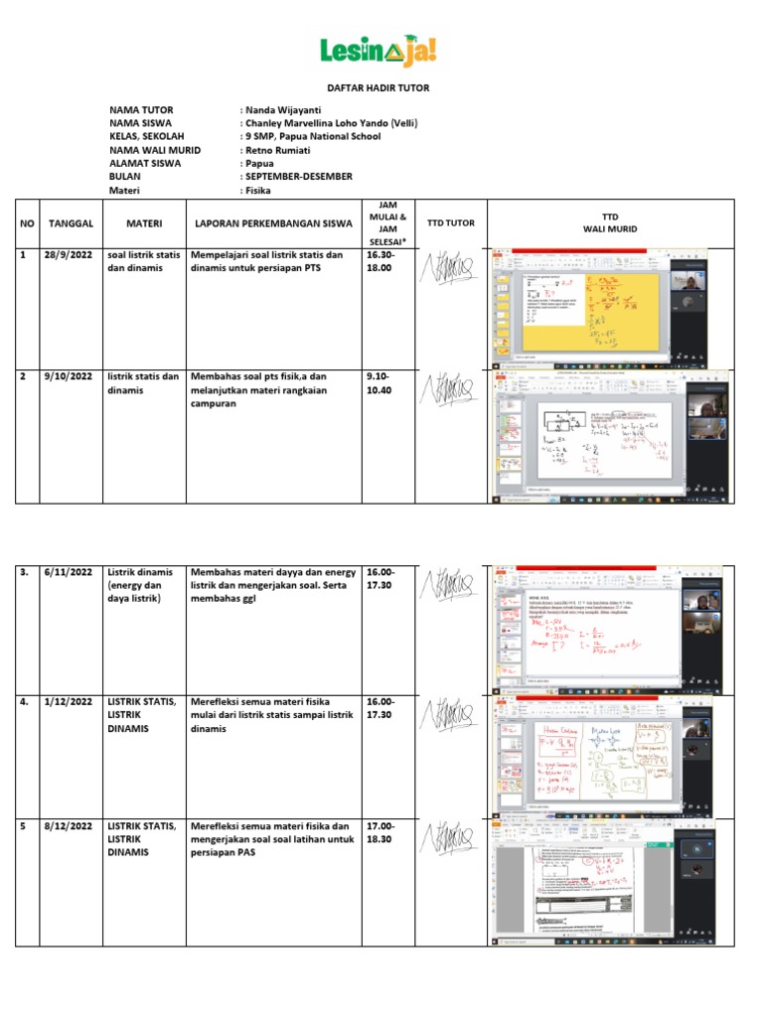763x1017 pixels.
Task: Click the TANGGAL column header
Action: tap(71, 223)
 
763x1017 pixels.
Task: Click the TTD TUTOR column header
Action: tap(449, 223)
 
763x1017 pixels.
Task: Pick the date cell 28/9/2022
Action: tap(70, 255)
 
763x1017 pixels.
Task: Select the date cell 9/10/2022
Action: tap(70, 376)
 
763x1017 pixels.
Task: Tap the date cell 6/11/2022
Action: tap(70, 573)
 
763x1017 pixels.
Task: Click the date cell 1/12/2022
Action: tap(70, 702)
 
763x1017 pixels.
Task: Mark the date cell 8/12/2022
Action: tap(70, 826)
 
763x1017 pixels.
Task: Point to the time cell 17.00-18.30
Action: tap(381, 832)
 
